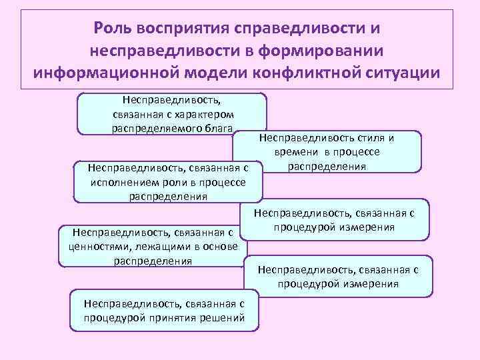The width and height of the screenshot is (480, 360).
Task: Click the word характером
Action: pos(215,115)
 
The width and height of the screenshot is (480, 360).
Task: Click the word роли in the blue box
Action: pos(171,183)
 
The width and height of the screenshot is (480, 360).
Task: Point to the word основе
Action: pos(217,246)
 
